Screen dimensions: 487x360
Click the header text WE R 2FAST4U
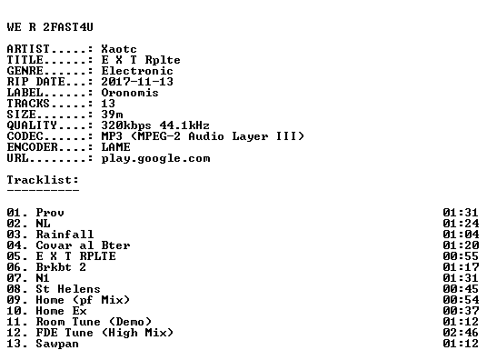coord(50,27)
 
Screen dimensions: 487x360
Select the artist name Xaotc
coord(119,49)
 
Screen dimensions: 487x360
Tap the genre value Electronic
coord(137,71)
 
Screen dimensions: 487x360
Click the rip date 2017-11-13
coord(137,82)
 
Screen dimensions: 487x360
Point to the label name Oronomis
coord(130,93)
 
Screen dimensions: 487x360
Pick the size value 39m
coord(112,115)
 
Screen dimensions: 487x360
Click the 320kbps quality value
coord(126,125)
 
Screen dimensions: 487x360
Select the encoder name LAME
coord(115,147)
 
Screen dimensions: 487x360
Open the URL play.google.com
coord(155,158)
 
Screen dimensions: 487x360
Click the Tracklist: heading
coord(43,180)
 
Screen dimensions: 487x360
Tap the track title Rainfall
coord(65,235)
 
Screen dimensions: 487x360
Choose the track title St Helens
coord(68,289)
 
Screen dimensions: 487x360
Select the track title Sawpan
coord(57,344)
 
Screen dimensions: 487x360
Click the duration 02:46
coord(461,333)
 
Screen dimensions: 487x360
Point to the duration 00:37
coord(461,311)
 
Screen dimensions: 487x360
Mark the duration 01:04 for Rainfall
coord(461,235)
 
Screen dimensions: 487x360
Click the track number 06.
coord(14,267)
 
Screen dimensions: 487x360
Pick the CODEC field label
coord(25,136)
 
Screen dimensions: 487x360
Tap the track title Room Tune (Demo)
coord(94,322)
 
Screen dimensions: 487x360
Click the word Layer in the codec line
coord(250,136)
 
